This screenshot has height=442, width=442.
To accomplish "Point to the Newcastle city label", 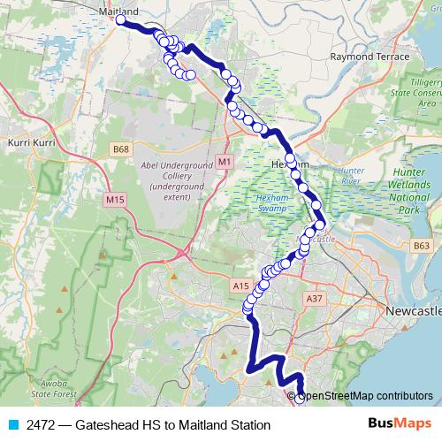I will (x=413, y=313).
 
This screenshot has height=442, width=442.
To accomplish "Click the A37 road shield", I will (x=313, y=300).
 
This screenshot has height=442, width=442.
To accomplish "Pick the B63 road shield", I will (x=422, y=246).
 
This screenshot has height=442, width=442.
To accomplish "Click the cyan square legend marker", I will (x=11, y=425).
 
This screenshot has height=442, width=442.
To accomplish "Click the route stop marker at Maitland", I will (x=120, y=19).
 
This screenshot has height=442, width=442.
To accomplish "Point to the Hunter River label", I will (x=352, y=174).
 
